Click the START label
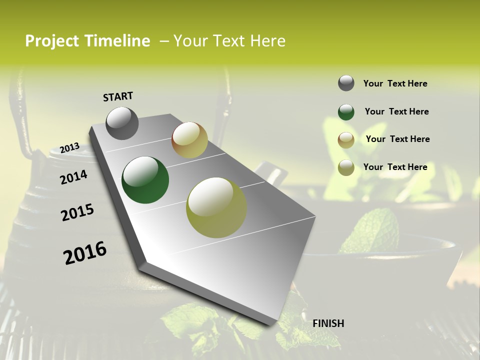(118, 96)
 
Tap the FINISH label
(328, 323)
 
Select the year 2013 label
(69, 147)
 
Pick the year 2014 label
(73, 177)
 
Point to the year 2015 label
(77, 212)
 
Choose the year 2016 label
(85, 253)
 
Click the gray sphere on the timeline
(122, 123)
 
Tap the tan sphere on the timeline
(189, 140)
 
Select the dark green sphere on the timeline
(145, 180)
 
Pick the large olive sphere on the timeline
(216, 207)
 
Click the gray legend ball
(346, 83)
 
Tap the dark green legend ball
(346, 112)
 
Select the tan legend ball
(346, 139)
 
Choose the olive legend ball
(346, 167)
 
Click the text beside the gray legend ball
(395, 83)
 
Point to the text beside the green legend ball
(396, 111)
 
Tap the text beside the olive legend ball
(395, 167)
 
